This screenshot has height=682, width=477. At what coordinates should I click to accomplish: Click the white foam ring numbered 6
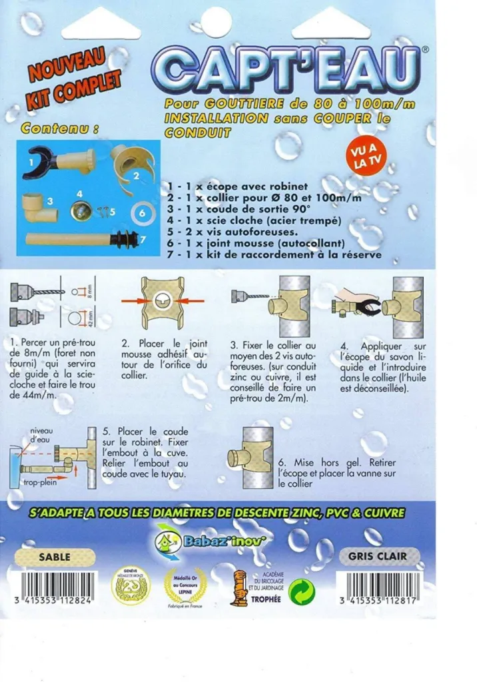coord(141,214)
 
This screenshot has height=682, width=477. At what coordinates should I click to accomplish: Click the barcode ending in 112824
coord(55,587)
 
